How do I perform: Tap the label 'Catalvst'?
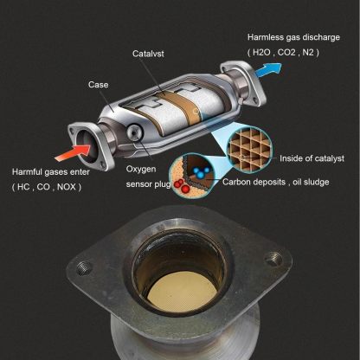click(147, 54)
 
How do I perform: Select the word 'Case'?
click(98, 85)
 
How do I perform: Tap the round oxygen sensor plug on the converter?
click(136, 132)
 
